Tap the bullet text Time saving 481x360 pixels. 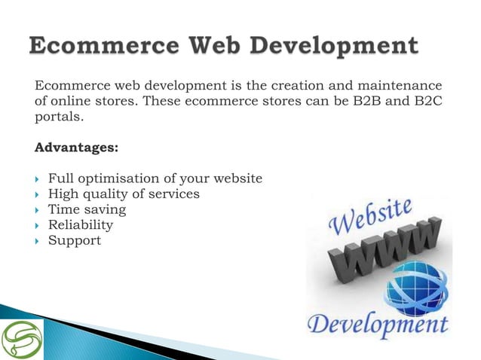87,209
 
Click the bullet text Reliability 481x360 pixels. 81,224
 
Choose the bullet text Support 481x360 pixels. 74,240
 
